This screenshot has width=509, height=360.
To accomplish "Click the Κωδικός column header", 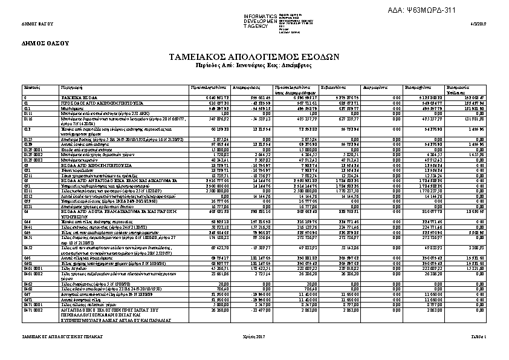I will tap(31, 88).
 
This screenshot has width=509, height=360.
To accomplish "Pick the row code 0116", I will tap(28, 120).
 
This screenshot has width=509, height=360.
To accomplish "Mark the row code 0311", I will tap(28, 192).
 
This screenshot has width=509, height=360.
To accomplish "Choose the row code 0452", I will tap(28, 247).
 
